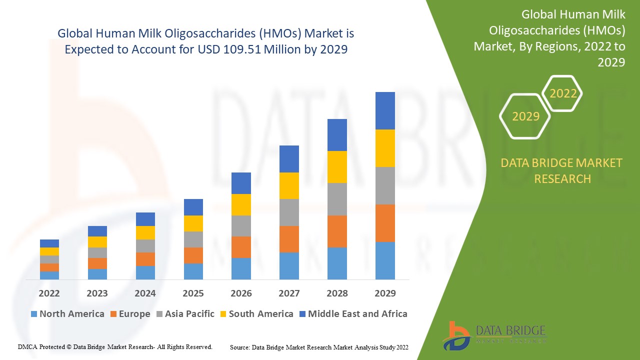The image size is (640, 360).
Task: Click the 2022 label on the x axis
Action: click(x=49, y=293)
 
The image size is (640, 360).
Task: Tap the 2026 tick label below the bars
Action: click(x=241, y=293)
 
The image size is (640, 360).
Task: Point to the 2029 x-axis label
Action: click(x=385, y=293)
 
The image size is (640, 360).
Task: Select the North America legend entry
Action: click(x=67, y=314)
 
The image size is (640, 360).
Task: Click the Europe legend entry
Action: click(x=130, y=314)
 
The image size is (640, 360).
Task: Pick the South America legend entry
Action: click(x=256, y=314)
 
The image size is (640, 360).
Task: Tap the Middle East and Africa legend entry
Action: click(x=353, y=314)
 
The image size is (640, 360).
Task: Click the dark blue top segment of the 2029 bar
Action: click(x=385, y=110)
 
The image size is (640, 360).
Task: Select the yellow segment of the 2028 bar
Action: click(x=337, y=167)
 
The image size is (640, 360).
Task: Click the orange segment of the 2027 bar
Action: click(x=289, y=239)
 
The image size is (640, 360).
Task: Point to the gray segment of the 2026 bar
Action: click(x=241, y=226)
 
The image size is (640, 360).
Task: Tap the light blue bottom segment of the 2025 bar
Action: click(x=193, y=271)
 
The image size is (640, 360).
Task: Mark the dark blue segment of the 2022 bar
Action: click(x=49, y=243)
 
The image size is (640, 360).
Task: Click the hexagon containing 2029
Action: click(x=525, y=116)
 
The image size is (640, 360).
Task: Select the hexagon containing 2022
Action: click(x=562, y=93)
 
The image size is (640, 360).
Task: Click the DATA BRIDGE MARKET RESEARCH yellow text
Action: click(x=562, y=170)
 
